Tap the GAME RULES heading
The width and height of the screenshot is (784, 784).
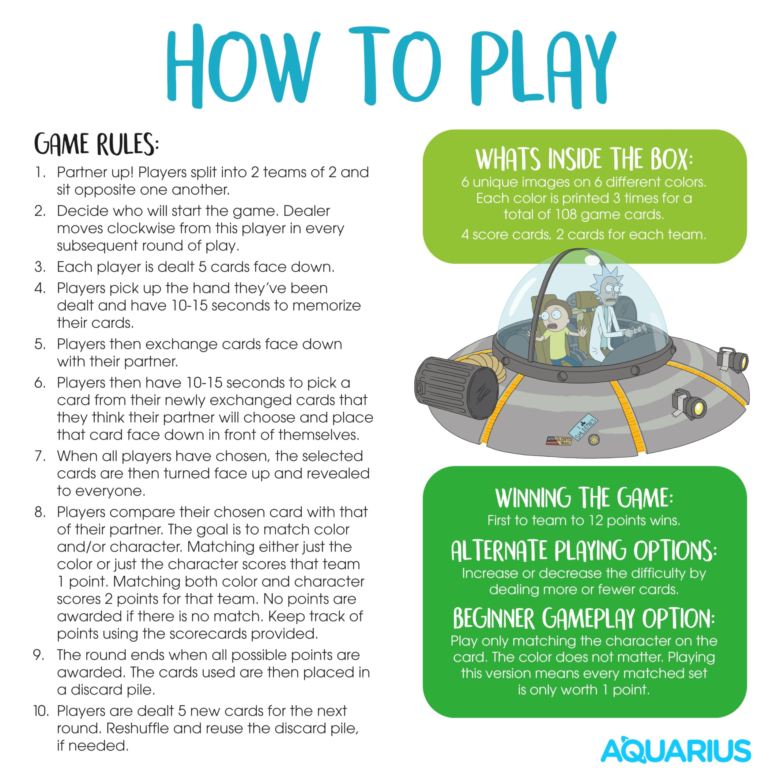(96, 144)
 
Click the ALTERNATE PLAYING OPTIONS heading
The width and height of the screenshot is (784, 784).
(584, 551)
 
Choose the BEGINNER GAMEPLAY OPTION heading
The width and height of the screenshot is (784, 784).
(584, 618)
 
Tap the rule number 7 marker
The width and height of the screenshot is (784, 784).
(40, 456)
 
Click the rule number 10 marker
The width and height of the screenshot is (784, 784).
(41, 711)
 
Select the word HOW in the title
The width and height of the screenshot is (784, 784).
(243, 65)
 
